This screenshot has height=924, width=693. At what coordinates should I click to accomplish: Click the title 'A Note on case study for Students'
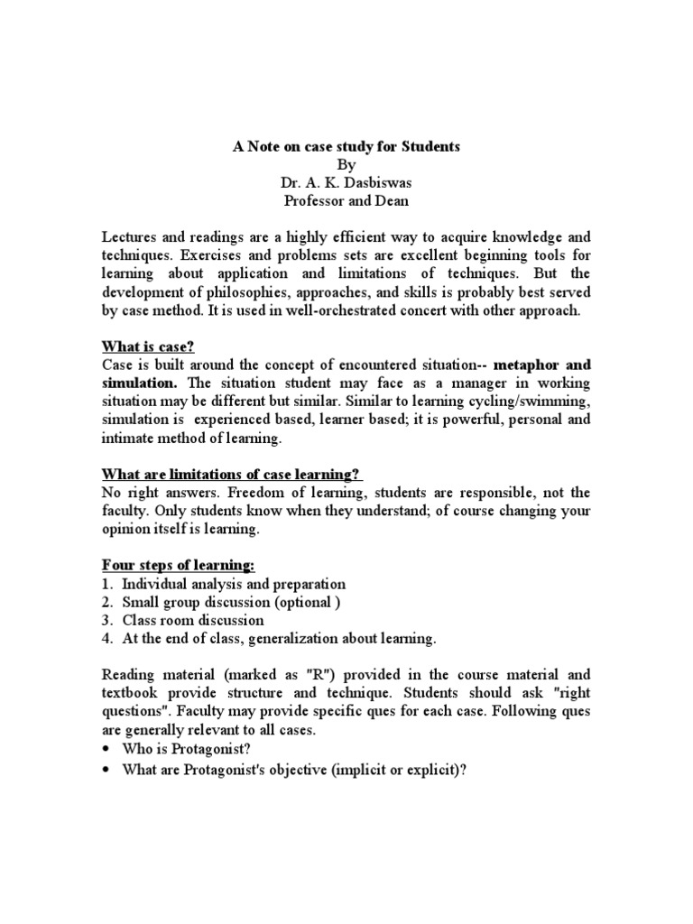[x=346, y=147]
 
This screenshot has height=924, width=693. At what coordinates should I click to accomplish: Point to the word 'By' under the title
[x=346, y=165]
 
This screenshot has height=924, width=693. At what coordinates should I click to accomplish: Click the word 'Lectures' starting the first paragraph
[x=129, y=237]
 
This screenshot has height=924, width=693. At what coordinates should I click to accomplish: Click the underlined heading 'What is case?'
[x=147, y=347]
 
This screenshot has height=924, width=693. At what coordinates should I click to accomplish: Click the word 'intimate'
[x=127, y=438]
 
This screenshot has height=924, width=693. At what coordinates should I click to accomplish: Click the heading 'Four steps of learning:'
[x=178, y=566]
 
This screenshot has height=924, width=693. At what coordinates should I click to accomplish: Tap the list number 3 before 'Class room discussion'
[x=106, y=621]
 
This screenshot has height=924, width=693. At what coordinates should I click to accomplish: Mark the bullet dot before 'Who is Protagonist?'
[x=107, y=750]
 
